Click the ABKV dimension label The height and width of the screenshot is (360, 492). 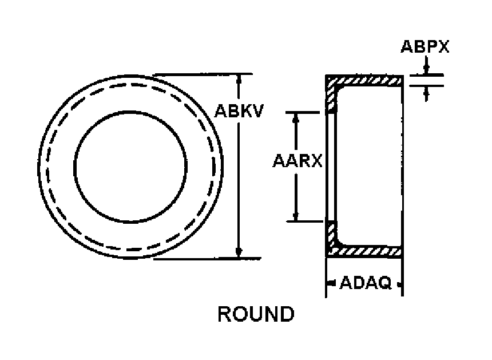239,111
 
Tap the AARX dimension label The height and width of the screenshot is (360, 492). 297,161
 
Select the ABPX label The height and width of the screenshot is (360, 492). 425,46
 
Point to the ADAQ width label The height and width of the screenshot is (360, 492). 366,283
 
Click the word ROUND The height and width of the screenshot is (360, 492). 256,314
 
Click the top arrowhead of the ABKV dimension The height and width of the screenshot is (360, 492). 239,79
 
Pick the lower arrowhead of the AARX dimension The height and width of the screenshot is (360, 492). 296,216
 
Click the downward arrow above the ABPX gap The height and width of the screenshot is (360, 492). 426,65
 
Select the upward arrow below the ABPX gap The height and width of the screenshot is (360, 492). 426,93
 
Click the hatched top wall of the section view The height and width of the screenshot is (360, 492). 364,81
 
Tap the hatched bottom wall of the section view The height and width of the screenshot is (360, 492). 364,251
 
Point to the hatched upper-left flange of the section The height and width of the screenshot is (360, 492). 332,97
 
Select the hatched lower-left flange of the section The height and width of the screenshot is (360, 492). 332,235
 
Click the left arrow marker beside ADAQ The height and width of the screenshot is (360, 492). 331,284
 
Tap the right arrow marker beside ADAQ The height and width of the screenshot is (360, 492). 399,284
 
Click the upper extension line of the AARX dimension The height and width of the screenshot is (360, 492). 303,112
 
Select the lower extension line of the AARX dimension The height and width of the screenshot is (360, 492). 305,221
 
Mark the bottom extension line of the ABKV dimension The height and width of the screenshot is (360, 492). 207,259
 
